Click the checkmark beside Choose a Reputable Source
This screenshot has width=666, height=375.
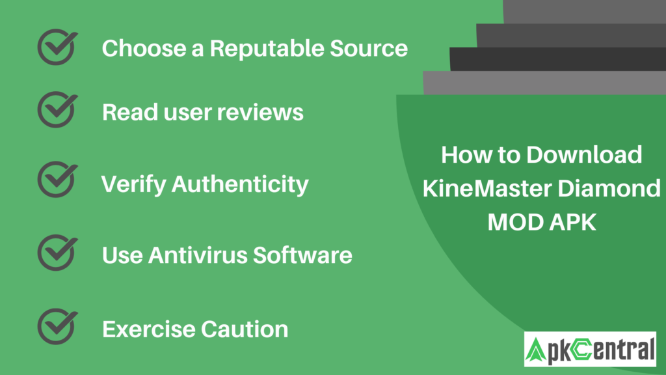point(57,47)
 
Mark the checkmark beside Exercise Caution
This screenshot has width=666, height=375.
point(57,327)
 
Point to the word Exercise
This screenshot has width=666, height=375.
point(147,329)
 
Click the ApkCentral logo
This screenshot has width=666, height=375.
point(590,350)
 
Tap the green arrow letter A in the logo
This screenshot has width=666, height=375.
point(538,350)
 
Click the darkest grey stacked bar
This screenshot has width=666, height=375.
point(557,59)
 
